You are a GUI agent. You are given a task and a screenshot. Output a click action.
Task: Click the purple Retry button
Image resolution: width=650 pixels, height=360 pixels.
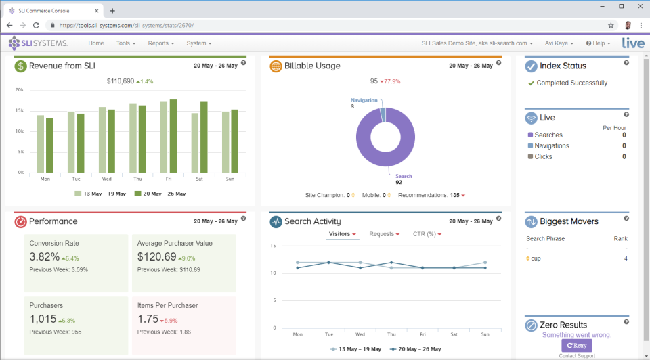coord(576,345)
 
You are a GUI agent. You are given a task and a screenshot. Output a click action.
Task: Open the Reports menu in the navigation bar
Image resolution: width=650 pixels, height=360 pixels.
coord(161,43)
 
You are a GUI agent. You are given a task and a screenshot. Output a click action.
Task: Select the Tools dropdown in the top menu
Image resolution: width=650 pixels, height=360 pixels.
coord(125,43)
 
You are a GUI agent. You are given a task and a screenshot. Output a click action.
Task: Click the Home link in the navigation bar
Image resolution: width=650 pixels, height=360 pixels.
coord(96,43)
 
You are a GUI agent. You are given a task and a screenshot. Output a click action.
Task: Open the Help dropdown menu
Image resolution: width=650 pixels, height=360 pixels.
coord(598,43)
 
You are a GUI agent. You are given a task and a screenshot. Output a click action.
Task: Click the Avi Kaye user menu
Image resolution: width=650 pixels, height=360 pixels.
coord(559,43)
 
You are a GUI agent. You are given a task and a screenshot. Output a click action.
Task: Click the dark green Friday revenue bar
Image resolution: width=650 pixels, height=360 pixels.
coord(173,135)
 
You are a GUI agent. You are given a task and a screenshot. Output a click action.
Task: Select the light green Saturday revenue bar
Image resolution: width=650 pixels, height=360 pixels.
coord(195,142)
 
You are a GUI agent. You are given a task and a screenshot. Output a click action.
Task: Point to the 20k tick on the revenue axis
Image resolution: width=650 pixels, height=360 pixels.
coord(20,89)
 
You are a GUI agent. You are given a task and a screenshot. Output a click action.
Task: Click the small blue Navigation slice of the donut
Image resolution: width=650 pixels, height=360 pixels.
coord(383,114)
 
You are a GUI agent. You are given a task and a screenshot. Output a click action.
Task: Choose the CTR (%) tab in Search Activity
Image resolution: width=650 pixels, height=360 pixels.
coord(427,234)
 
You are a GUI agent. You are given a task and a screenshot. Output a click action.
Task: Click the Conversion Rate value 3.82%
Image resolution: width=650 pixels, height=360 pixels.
coord(44,257)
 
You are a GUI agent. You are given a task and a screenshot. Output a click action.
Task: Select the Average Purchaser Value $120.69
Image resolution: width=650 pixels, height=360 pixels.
coord(156,257)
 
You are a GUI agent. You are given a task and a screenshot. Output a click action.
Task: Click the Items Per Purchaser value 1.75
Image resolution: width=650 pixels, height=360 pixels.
coord(148,319)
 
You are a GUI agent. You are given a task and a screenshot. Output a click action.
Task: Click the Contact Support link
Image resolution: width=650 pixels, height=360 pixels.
coord(576,356)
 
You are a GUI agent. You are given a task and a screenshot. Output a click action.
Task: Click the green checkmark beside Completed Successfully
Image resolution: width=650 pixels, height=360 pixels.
coord(531,83)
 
